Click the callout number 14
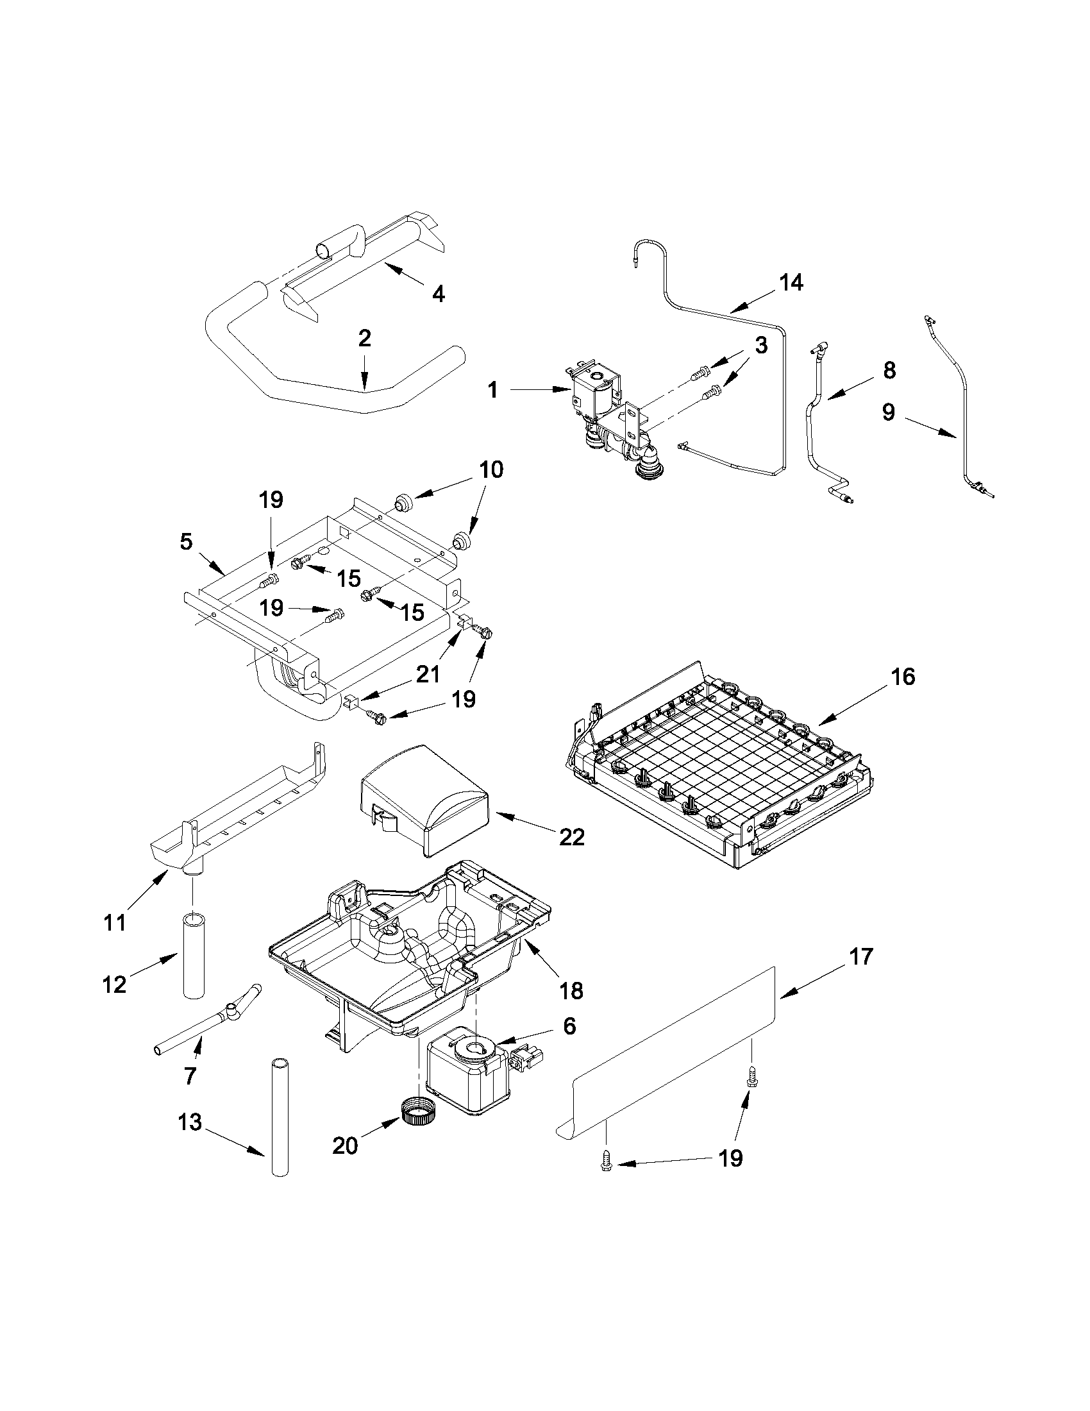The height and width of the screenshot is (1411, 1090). click(x=791, y=282)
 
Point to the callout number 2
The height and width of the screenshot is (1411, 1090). click(x=364, y=339)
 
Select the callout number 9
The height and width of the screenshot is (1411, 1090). click(x=889, y=412)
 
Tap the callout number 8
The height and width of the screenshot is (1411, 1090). click(x=889, y=370)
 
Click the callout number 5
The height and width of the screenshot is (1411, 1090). click(x=186, y=541)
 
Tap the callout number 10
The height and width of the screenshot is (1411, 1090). click(x=491, y=469)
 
